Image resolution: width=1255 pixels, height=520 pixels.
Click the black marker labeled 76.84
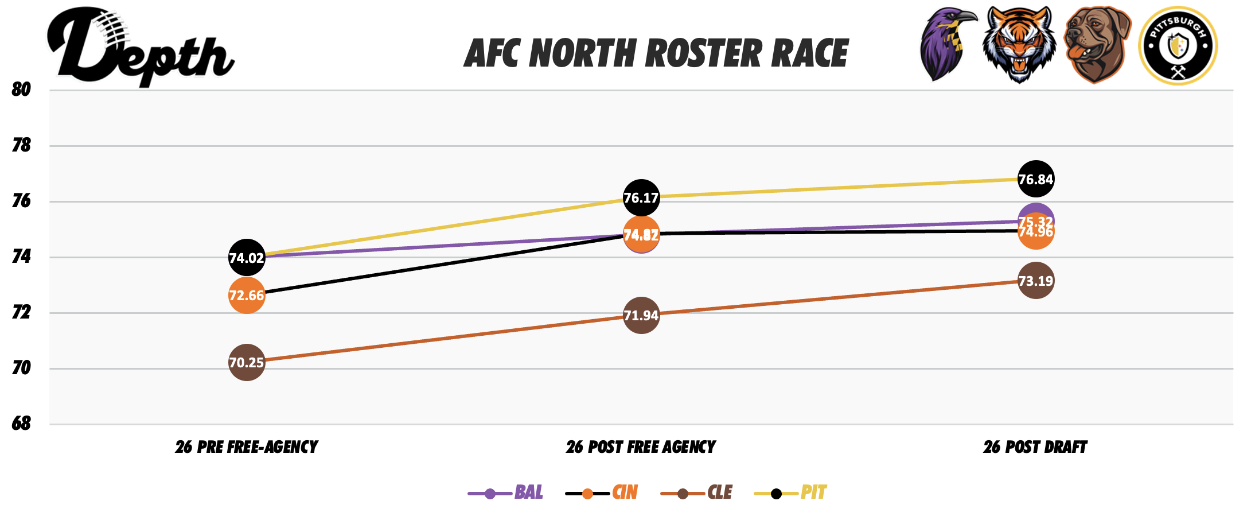coord(1035,180)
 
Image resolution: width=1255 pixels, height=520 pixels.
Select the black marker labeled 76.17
coord(641,198)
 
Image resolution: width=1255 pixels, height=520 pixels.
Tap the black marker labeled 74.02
coord(247,258)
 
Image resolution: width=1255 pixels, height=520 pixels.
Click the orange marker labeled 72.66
coord(247,296)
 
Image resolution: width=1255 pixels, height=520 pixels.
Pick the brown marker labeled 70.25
coord(247,363)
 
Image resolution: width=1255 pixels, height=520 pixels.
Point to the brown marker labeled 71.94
coord(641,315)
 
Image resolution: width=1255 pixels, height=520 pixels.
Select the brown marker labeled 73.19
coord(1035,281)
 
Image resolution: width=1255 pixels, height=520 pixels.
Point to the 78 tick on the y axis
coord(21,145)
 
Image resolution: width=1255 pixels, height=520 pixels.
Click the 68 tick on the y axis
coord(21,424)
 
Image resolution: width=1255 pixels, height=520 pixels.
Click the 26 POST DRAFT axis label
coord(1035,447)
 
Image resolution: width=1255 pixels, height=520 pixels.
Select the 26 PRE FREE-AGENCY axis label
coord(247,447)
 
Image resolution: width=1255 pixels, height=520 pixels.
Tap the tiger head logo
coord(1019,45)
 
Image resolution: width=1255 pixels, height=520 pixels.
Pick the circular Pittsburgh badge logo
coord(1178,46)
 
